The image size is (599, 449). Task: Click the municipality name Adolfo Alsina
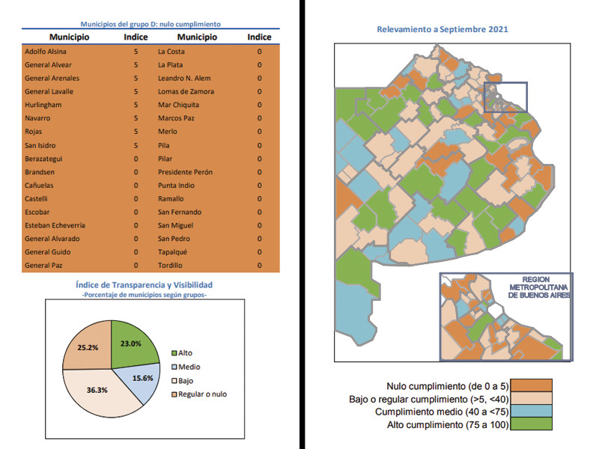coord(45,52)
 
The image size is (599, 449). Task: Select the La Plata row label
coord(171,65)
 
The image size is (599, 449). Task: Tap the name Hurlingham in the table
coord(43,105)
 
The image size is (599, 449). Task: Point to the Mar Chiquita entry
coord(179,105)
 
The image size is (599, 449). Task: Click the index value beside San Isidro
coord(136,145)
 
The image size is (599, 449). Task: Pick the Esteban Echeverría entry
coord(56,225)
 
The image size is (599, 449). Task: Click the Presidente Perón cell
coord(185,172)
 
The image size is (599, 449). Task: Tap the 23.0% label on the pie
coord(130,343)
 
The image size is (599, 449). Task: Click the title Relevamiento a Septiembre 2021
coord(443,29)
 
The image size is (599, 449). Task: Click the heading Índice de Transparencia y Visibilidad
coord(145,285)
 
